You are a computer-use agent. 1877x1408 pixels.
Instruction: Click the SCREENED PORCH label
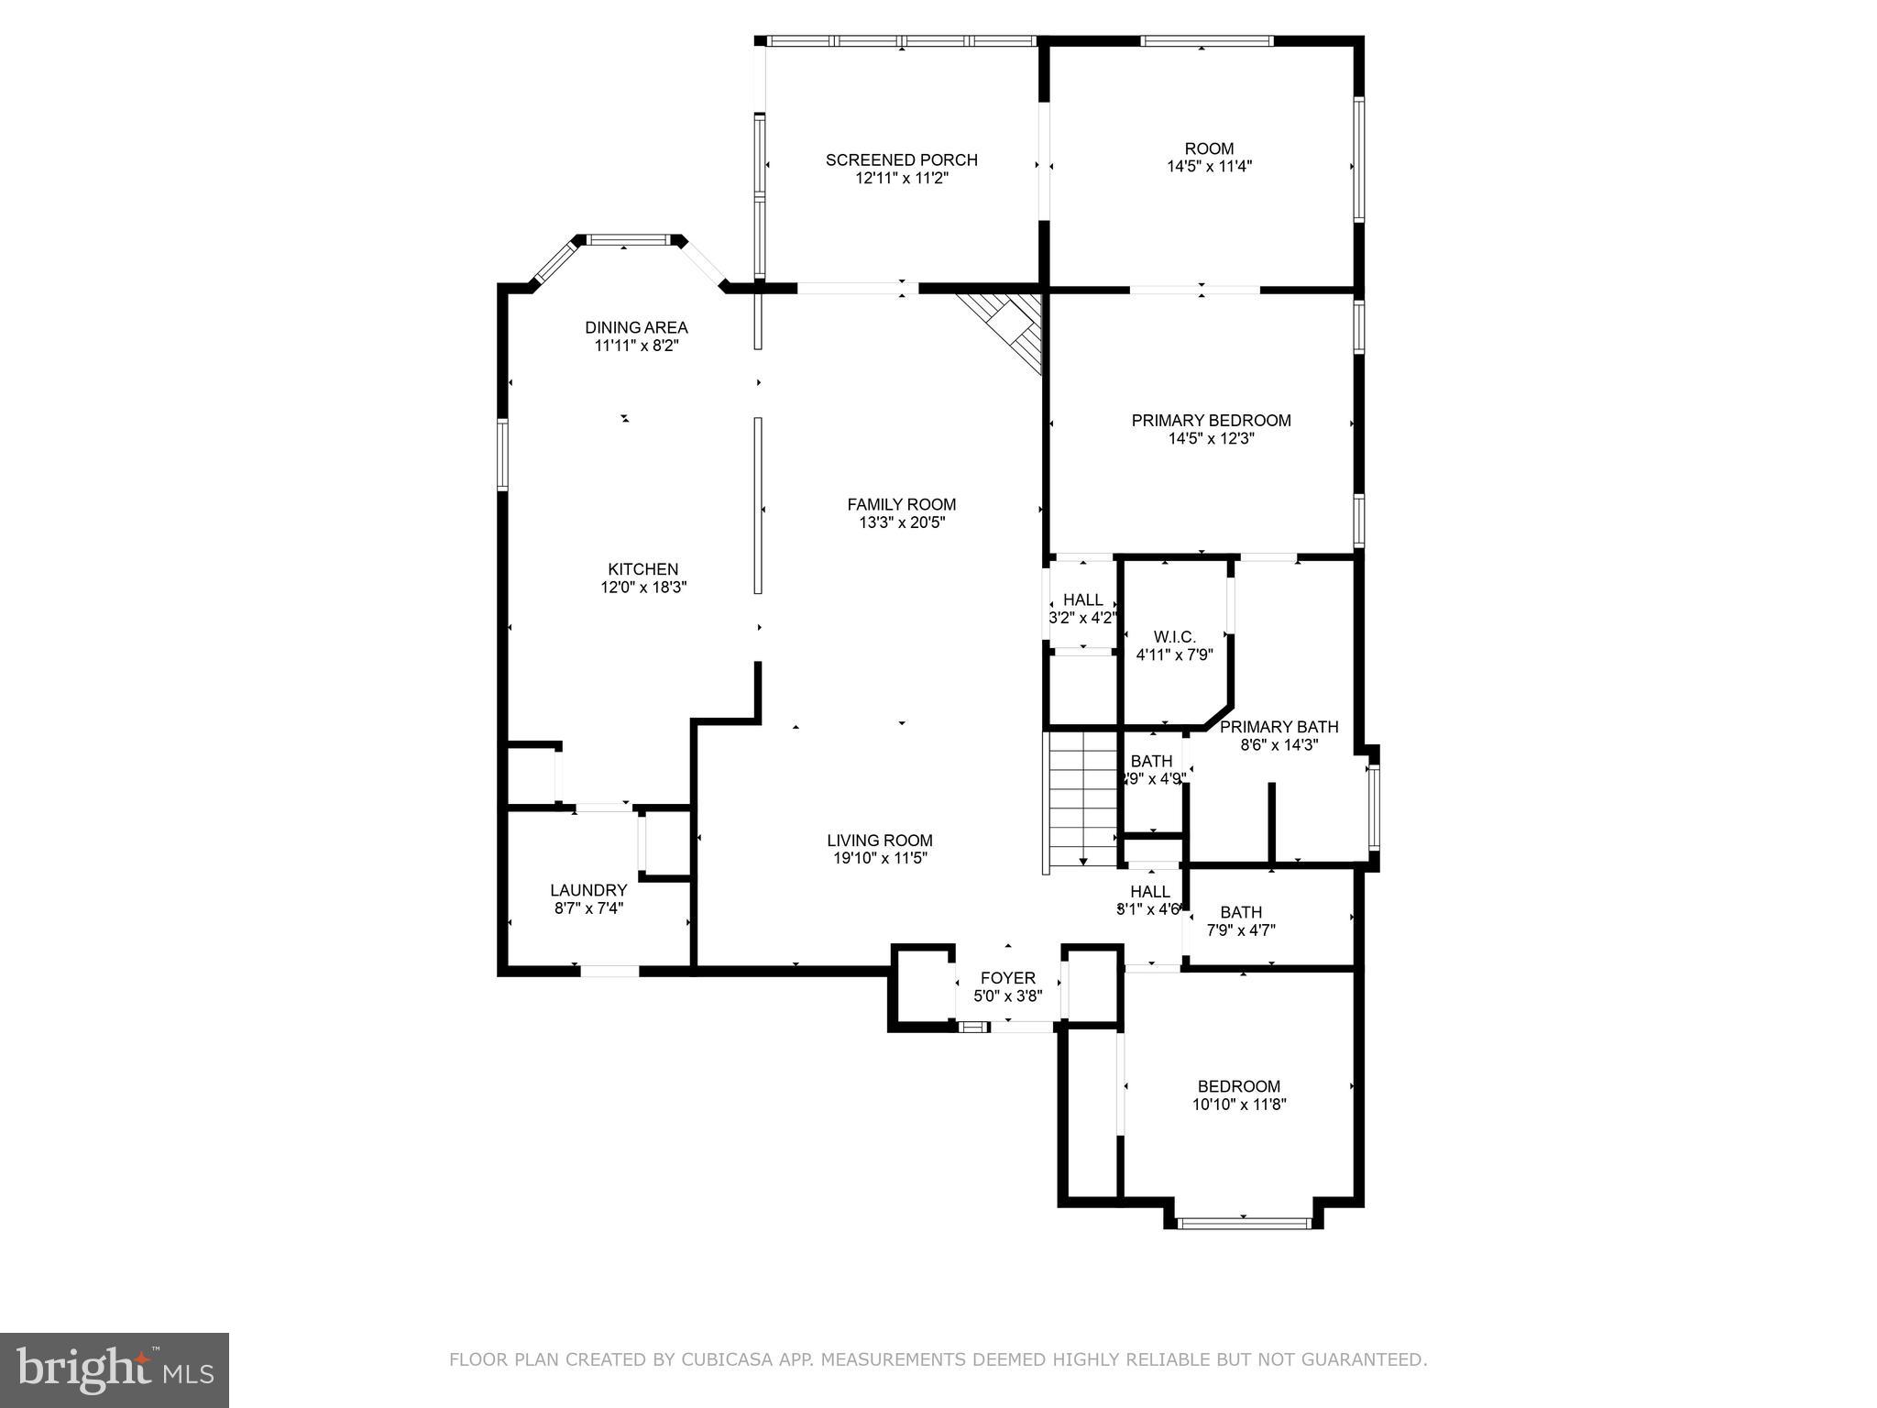901,159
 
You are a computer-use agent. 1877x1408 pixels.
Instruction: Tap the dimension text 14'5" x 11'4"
1209,167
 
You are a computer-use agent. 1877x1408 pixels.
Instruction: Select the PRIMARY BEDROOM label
1211,421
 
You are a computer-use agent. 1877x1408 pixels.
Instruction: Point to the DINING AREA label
636,327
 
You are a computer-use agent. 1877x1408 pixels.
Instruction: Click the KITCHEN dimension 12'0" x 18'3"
643,588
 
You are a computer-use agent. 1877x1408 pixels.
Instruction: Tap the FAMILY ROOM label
901,504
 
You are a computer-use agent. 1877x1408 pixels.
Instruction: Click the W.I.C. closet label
1174,637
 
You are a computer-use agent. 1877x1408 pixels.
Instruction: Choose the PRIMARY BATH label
1279,727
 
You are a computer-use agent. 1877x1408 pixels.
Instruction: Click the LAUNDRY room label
588,890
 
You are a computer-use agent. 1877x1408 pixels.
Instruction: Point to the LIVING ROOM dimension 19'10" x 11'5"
880,859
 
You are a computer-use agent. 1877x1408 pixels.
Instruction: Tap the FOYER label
1007,978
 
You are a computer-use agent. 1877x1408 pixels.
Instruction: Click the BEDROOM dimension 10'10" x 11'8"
1239,1105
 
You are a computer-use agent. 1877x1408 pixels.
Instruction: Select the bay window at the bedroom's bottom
1244,1222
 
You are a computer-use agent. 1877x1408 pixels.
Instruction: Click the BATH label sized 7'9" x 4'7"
1241,912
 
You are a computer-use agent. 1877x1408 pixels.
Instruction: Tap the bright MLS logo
115,1369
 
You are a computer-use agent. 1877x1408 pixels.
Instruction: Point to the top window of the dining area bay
628,240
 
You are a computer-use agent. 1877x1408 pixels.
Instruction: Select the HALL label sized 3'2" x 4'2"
1083,600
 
